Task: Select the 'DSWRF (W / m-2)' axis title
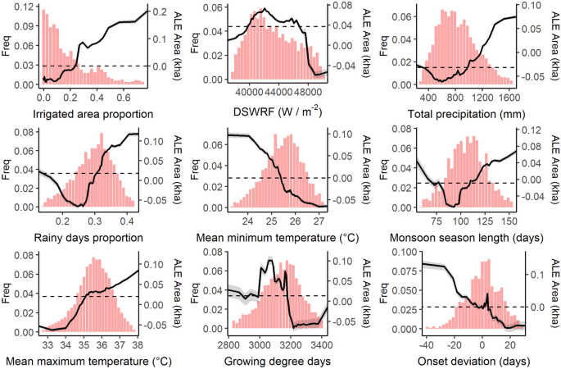point(278,113)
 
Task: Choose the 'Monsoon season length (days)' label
point(464,238)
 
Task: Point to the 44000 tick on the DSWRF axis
point(278,95)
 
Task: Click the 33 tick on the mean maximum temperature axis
point(48,344)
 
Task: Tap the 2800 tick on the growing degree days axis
point(228,344)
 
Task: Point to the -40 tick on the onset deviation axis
point(423,344)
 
